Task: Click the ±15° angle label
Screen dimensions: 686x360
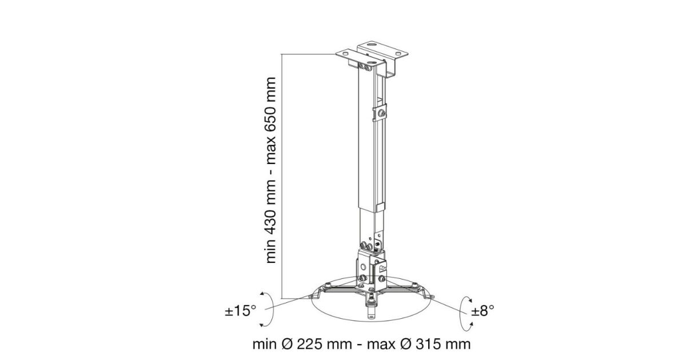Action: click(x=241, y=311)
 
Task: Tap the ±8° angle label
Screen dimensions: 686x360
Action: click(x=482, y=311)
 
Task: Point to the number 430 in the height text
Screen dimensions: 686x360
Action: click(x=271, y=215)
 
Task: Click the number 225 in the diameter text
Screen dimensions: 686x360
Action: click(x=311, y=344)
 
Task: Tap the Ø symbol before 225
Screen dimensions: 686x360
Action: click(x=288, y=344)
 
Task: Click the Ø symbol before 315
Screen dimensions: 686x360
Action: click(x=406, y=344)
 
